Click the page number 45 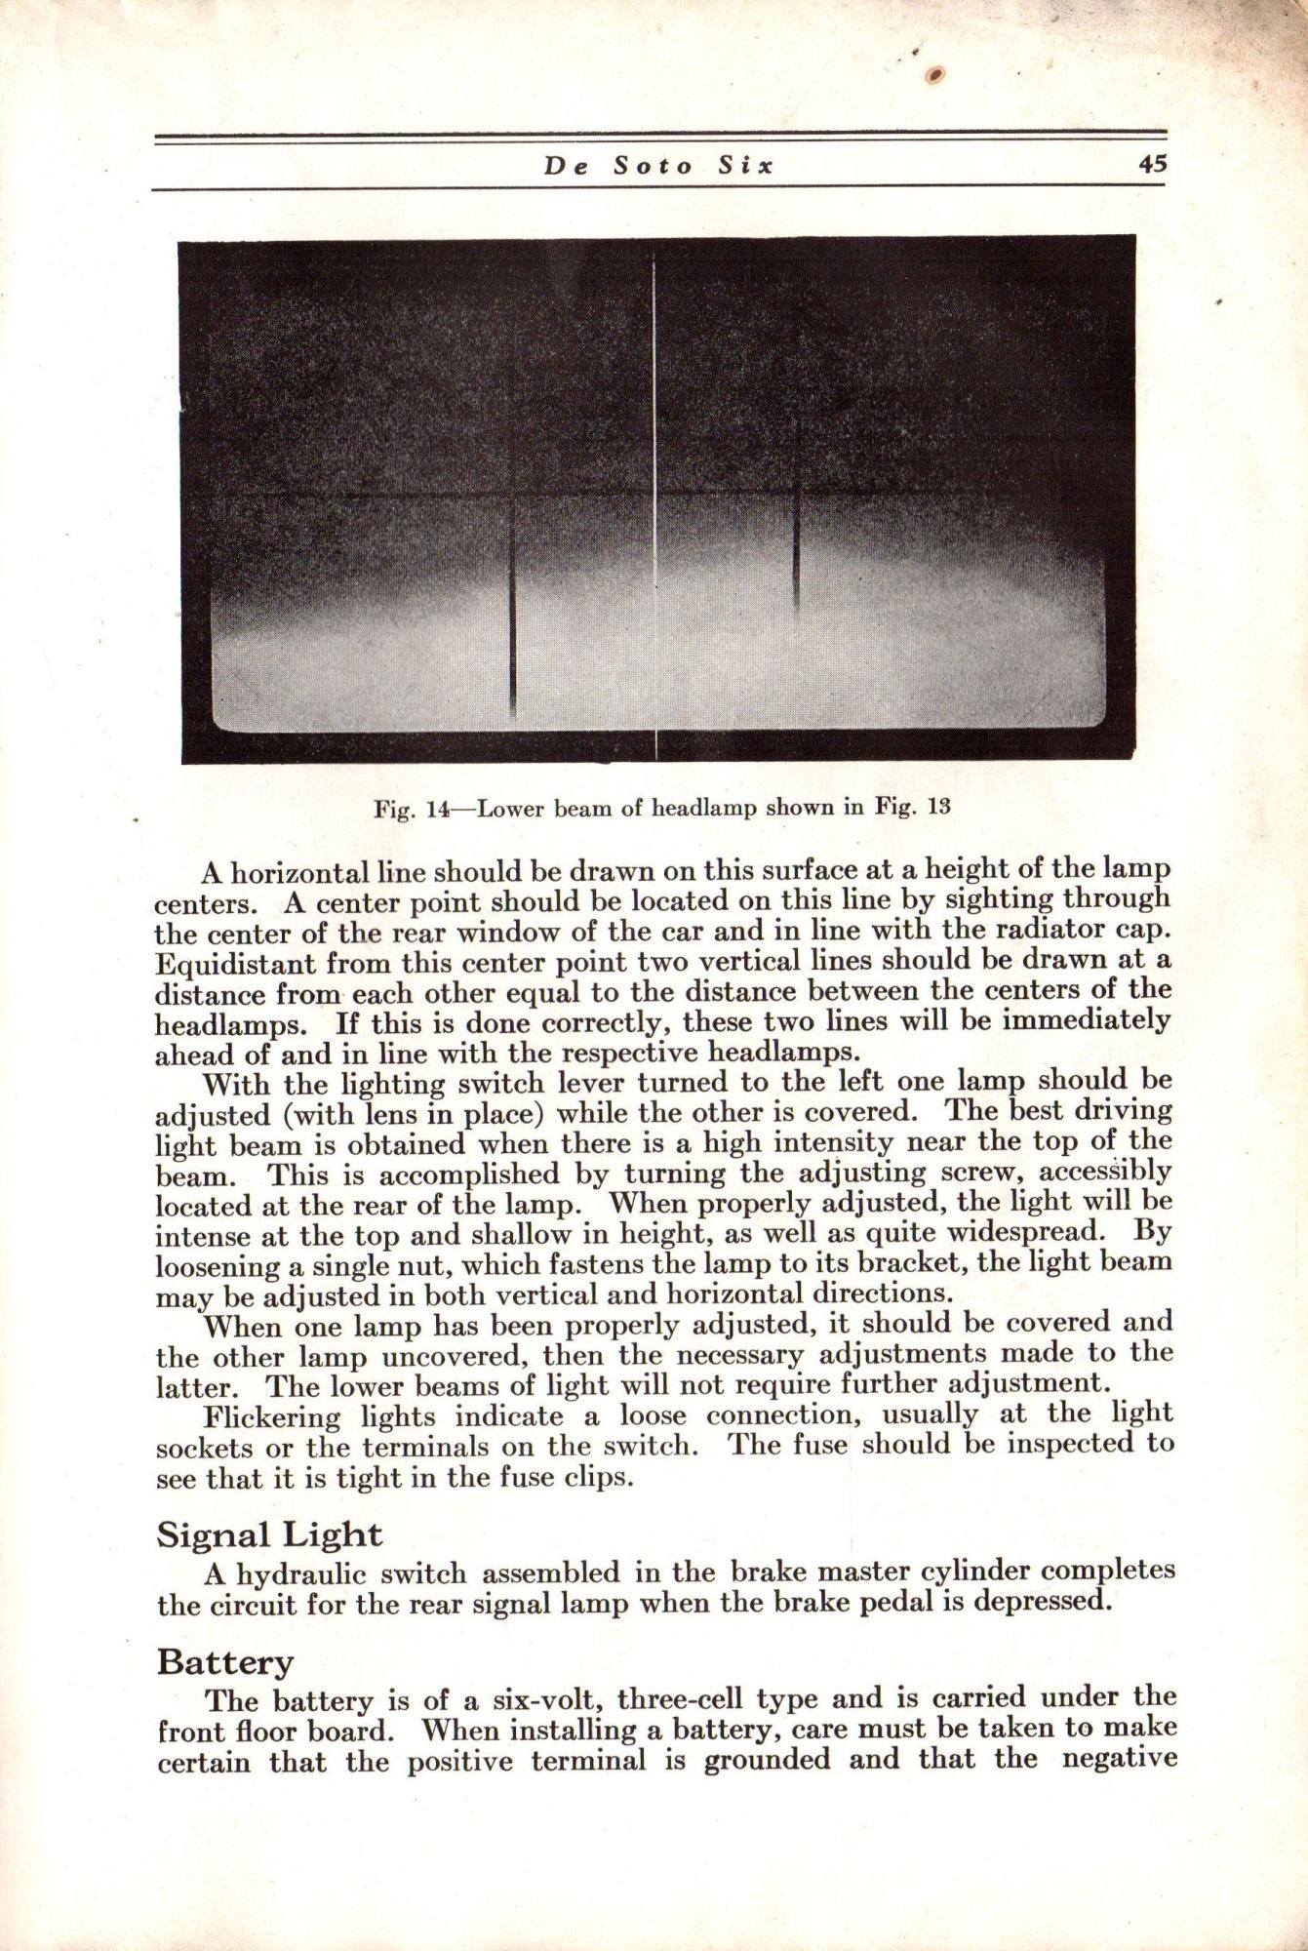1152,165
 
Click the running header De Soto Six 658,166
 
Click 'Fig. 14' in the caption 410,809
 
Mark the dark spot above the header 934,76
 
